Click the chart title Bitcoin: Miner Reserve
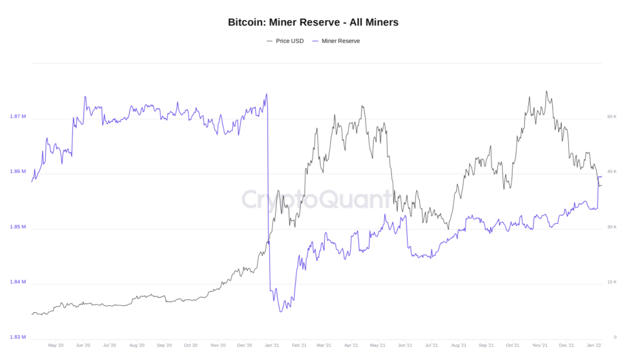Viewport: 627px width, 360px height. click(313, 22)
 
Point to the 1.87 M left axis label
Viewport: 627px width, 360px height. click(18, 116)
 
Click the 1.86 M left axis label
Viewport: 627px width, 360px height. click(18, 171)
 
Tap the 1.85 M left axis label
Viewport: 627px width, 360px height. click(18, 227)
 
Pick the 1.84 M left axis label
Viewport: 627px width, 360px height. click(18, 282)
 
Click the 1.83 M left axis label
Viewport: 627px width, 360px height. click(18, 337)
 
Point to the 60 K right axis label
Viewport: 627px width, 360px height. click(611, 116)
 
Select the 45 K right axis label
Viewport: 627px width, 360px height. click(611, 171)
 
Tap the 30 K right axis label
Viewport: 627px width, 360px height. click(611, 227)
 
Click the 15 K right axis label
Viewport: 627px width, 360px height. click(611, 282)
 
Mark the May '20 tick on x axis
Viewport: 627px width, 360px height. click(56, 345)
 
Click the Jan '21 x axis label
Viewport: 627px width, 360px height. click(272, 345)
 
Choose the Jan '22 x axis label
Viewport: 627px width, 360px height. click(594, 345)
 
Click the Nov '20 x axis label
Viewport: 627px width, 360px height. click(218, 345)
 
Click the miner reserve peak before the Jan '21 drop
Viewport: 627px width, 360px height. click(266, 94)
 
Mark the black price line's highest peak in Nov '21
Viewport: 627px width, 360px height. click(546, 91)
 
